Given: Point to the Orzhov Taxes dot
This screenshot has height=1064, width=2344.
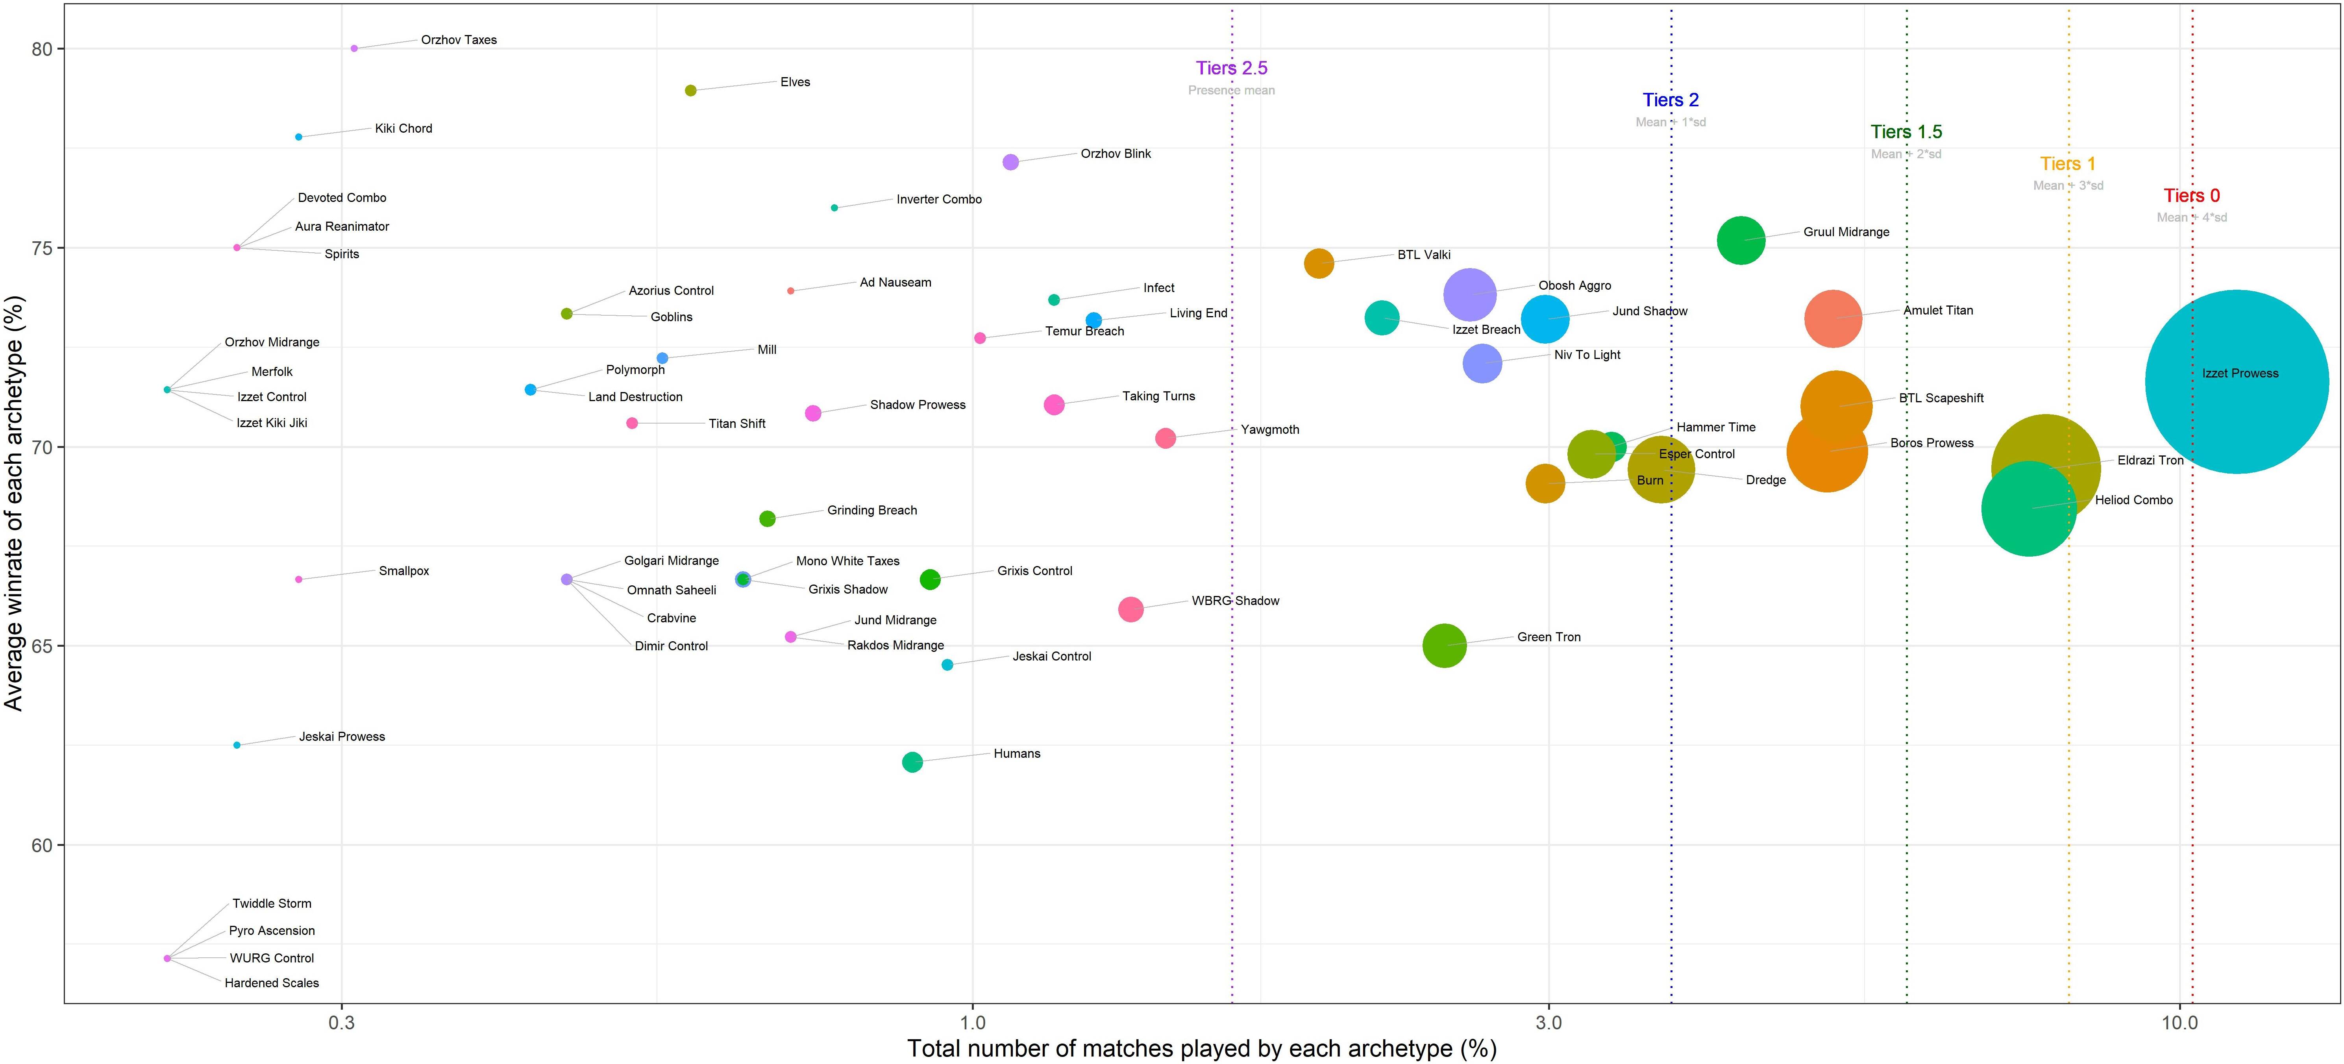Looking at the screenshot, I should [354, 48].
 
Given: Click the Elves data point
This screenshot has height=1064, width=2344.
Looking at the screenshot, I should [691, 90].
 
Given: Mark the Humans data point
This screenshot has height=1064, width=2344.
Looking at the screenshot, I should [912, 762].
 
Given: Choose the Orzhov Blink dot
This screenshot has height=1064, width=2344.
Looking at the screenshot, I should [1010, 162].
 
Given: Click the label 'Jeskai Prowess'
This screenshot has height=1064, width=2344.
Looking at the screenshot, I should [342, 736].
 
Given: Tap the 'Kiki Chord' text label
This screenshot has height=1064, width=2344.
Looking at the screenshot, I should [403, 128].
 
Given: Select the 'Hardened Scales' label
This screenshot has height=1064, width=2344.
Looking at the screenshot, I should [272, 983].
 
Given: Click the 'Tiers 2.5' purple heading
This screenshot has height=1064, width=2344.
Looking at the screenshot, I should [1231, 68].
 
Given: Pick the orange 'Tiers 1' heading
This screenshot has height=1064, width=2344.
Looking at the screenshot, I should [2067, 164].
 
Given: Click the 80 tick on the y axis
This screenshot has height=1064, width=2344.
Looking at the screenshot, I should [42, 49].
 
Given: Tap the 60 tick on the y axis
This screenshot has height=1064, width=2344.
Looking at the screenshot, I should [42, 846].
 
